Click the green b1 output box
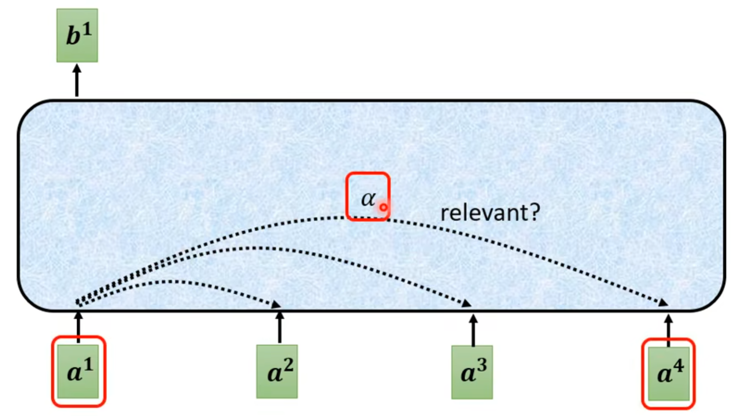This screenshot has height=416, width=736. (x=77, y=36)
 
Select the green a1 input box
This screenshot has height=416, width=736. (x=78, y=371)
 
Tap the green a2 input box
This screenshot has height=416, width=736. (x=277, y=371)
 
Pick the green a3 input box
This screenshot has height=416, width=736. (x=472, y=372)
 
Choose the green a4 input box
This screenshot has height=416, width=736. (x=669, y=373)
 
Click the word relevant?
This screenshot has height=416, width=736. (x=490, y=212)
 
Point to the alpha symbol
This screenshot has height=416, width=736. (x=368, y=198)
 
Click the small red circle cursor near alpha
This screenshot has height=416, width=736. (x=383, y=207)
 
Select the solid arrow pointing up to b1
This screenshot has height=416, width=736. (x=77, y=80)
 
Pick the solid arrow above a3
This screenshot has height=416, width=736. (x=473, y=329)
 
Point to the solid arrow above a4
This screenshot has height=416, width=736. (x=669, y=329)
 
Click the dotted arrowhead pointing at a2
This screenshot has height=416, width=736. (x=276, y=305)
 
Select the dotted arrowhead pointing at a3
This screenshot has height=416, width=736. (x=466, y=303)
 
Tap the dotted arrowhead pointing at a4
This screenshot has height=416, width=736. (x=663, y=303)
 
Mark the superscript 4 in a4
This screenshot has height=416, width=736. (x=678, y=366)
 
